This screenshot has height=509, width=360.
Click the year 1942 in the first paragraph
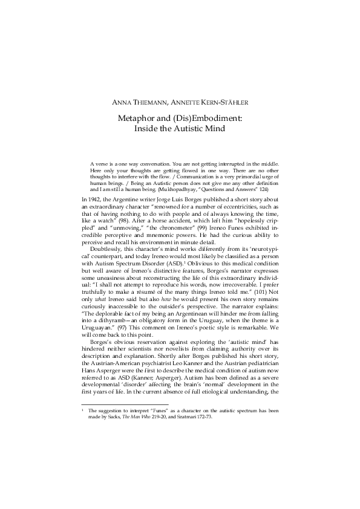pos(95,198)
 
